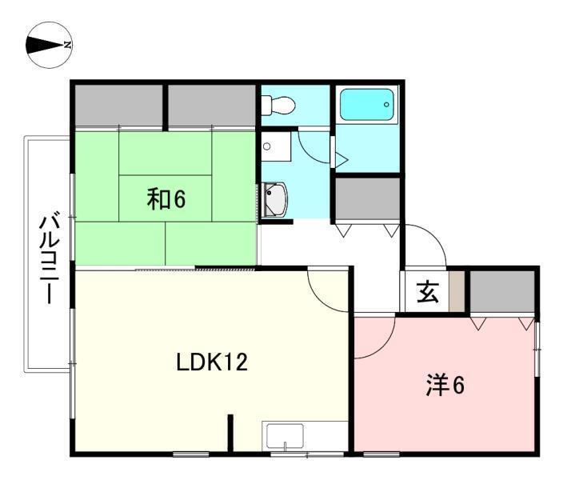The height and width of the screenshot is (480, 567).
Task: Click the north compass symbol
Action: pos(49,45)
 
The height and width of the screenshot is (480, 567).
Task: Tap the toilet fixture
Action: pos(278,105)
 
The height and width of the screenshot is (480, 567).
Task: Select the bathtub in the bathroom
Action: pos(366,105)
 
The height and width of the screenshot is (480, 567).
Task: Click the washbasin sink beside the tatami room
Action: pos(276,200)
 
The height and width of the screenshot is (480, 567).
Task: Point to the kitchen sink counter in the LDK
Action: pos(305,436)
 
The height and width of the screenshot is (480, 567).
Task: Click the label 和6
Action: pos(166,199)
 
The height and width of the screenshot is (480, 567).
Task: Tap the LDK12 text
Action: pos(212,362)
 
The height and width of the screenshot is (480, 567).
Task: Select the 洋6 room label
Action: pos(445,386)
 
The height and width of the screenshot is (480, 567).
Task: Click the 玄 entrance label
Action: pos(428,292)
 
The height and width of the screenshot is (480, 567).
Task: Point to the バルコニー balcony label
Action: pos(49,259)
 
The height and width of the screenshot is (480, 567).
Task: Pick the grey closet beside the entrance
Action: pos(502,291)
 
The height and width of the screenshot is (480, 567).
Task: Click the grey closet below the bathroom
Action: pos(367,198)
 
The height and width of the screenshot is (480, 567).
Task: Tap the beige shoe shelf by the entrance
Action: pos(457,291)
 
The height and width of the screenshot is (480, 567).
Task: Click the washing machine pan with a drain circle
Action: pos(276,146)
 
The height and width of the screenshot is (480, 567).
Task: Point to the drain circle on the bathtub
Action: pos(386,105)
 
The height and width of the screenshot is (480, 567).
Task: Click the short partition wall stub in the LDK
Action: pos(230,433)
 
